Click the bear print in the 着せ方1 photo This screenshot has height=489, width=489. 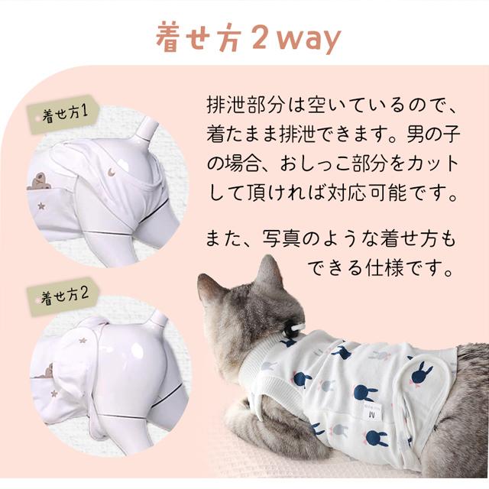point(39,180)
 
